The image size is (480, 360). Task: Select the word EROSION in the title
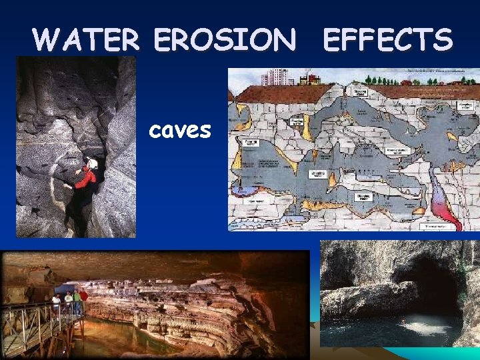[x=225, y=41]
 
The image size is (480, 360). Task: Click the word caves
[x=180, y=130]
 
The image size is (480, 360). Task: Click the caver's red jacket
[x=85, y=178]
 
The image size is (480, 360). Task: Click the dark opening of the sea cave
[x=433, y=287]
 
